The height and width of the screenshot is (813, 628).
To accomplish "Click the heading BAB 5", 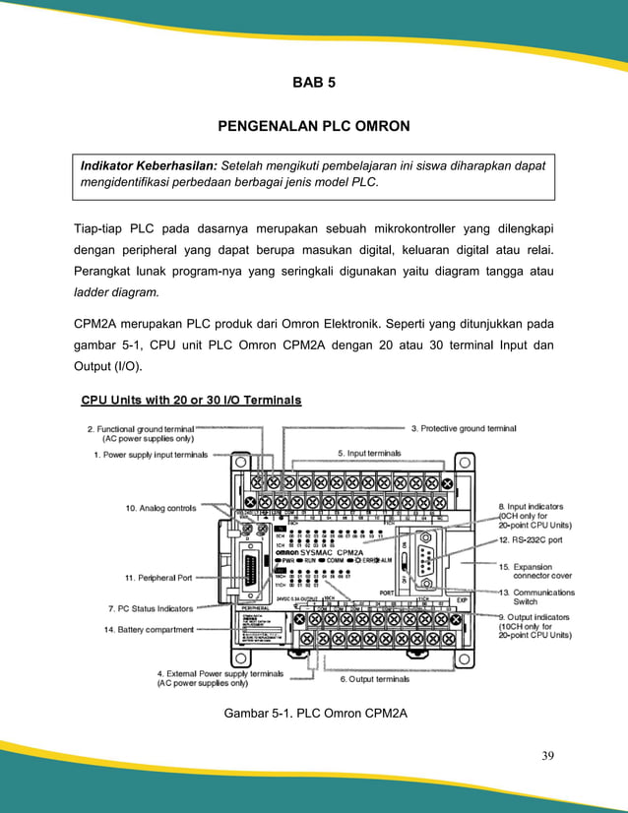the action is point(314,83).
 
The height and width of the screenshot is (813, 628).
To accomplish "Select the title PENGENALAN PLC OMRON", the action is point(314,127).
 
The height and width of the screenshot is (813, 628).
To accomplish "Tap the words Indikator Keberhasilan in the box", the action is point(149,166).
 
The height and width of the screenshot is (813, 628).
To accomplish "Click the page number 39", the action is point(548,756).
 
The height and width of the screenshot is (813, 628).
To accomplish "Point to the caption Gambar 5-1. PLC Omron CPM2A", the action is point(315,712).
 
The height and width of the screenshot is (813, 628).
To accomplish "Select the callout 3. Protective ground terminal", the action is point(463,429).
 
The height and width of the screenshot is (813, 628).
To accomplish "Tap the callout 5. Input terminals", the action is point(368,453).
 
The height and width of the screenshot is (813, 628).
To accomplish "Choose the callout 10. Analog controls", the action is point(160,508).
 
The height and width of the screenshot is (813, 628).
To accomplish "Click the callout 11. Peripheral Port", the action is point(157,578).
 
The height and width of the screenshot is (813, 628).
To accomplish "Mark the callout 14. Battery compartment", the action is point(149,629).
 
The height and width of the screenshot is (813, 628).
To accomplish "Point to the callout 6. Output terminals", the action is point(374,679).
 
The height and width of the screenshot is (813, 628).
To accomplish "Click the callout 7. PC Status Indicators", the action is point(150,609).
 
